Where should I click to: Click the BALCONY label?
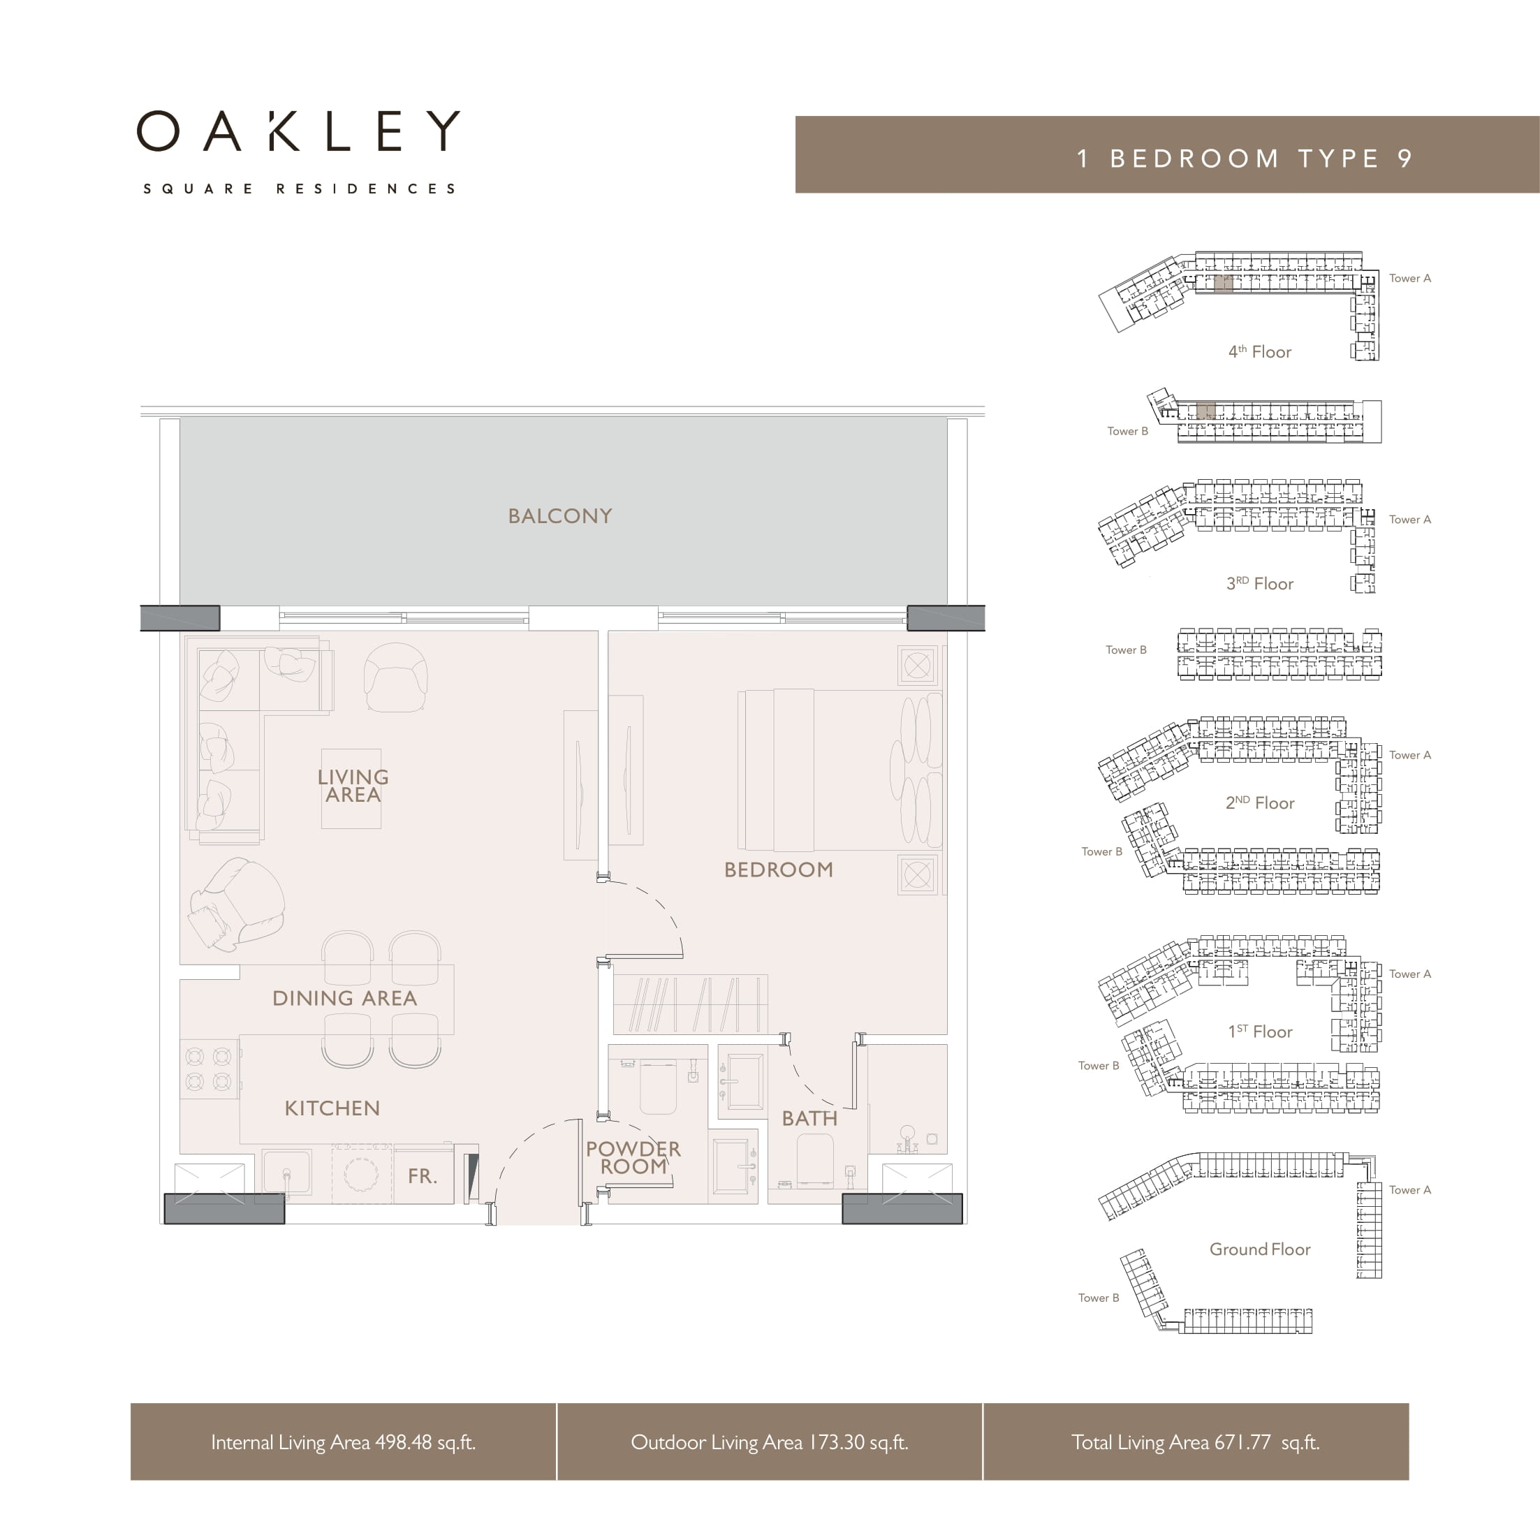point(560,515)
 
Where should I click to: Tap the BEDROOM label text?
point(779,870)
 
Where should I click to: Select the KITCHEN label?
point(332,1108)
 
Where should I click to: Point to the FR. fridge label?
point(423,1175)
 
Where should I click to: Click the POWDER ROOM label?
point(633,1157)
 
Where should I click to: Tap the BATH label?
point(810,1118)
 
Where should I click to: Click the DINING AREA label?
point(344,998)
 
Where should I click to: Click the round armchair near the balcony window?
point(395,677)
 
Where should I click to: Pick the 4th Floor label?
point(1259,351)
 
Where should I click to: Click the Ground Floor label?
point(1260,1249)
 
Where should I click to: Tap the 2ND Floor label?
point(1260,802)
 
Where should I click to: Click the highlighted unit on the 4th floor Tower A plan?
point(1224,283)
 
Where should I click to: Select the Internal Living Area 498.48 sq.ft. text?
point(344,1442)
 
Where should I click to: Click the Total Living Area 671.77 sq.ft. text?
point(1196,1442)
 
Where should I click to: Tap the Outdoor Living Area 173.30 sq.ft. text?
point(770,1442)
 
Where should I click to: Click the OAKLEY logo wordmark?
point(299,131)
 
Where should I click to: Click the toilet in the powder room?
point(658,1087)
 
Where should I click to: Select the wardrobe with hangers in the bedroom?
point(690,1004)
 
